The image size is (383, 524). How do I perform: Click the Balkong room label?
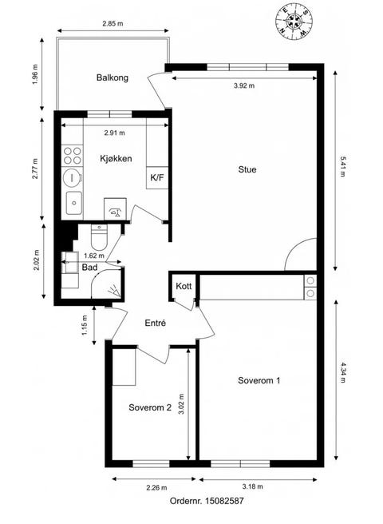tap(113, 77)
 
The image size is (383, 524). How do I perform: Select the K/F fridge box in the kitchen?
tap(157, 177)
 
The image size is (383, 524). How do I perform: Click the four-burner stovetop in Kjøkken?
tap(72, 156)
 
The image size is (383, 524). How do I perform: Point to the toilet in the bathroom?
tap(99, 237)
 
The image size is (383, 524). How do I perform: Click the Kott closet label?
tap(184, 286)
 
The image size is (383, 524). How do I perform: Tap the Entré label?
tap(156, 324)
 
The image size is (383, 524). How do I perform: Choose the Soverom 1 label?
tap(259, 380)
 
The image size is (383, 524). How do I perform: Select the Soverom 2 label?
tap(150, 407)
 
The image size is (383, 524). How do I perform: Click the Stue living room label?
tap(247, 169)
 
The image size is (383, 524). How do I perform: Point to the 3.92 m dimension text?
tap(244, 85)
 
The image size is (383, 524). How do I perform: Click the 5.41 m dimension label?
tap(343, 166)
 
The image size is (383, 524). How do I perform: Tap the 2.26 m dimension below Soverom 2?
tap(156, 487)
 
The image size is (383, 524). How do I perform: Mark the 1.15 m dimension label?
tap(85, 325)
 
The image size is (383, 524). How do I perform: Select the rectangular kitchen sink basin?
tap(73, 203)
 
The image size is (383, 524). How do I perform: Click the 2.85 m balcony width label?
tap(113, 24)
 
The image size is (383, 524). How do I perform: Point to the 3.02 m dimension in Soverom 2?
tap(182, 404)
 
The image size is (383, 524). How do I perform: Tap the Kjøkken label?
tap(116, 158)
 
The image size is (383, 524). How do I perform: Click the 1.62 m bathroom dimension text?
tap(94, 256)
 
